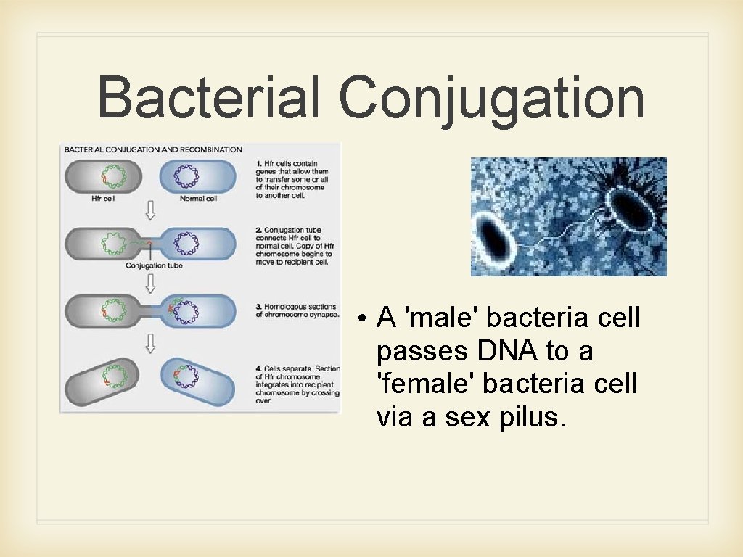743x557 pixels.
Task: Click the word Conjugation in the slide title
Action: pyautogui.click(x=491, y=99)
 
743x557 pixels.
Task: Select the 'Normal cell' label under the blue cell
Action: pyautogui.click(x=198, y=198)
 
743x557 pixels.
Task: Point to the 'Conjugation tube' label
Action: pyautogui.click(x=154, y=265)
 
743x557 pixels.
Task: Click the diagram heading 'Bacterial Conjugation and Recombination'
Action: pyautogui.click(x=153, y=149)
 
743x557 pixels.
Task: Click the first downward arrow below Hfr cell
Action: pyautogui.click(x=149, y=211)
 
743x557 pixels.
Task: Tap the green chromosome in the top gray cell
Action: pyautogui.click(x=114, y=177)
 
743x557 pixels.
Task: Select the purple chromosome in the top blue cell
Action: pyautogui.click(x=187, y=177)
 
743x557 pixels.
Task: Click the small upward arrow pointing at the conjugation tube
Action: pyautogui.click(x=149, y=252)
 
